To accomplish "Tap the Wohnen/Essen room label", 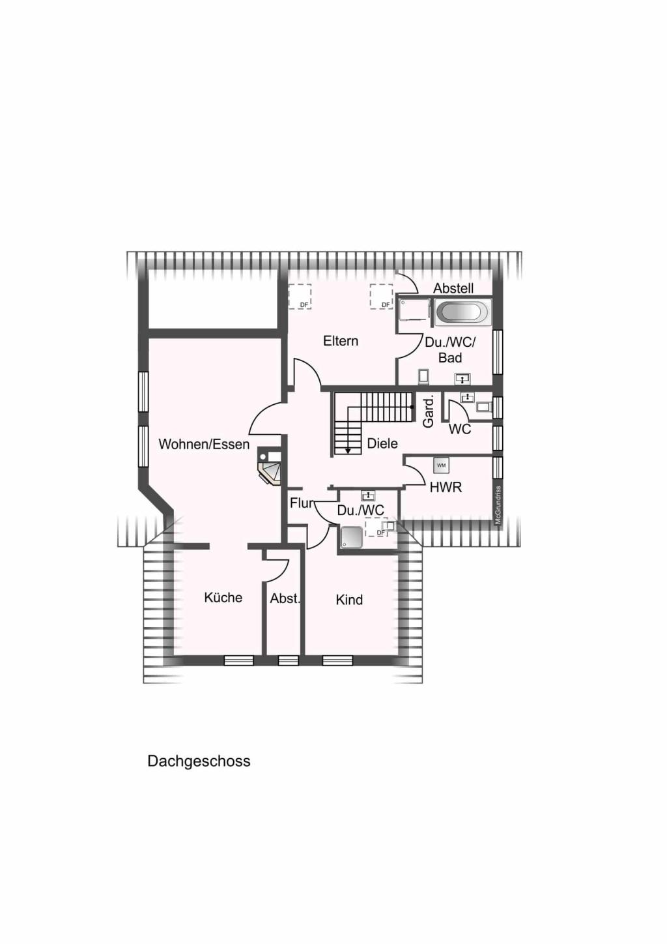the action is tap(204, 444).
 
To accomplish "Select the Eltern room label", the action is tap(341, 341).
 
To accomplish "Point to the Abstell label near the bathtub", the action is tap(453, 288).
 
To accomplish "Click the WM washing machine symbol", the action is tap(441, 465).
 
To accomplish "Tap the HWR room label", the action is tap(446, 488).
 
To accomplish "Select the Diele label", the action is tap(382, 443).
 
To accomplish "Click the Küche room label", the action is tap(223, 598).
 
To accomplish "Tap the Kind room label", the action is tap(349, 600).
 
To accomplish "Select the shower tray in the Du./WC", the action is tap(351, 537).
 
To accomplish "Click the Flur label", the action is tap(302, 503).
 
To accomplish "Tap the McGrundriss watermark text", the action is tap(498, 505).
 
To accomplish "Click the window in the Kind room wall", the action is tap(337, 660).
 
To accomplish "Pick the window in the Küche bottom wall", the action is tap(239, 660).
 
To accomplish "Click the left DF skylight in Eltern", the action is tap(300, 297).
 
